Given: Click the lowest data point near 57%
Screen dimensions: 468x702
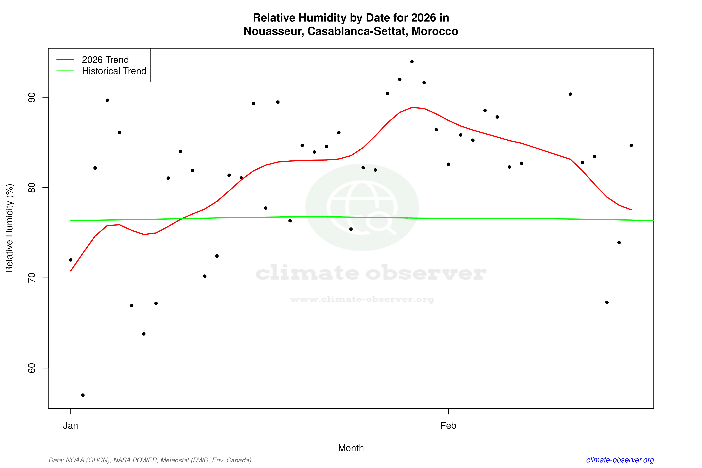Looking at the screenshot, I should tap(83, 395).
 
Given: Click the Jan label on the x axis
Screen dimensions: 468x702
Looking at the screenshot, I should tap(70, 426).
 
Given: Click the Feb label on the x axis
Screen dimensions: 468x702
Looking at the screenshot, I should tap(448, 426).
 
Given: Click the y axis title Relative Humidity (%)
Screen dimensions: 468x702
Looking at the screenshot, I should tap(10, 228).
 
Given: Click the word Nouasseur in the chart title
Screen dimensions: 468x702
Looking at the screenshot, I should tap(273, 31).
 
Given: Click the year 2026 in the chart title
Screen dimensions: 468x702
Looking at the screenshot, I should tap(423, 18).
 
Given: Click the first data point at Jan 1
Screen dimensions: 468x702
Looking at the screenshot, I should tap(71, 260).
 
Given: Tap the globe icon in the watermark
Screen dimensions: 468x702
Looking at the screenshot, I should tap(362, 207).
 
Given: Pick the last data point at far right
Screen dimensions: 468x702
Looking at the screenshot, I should tap(631, 145).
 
